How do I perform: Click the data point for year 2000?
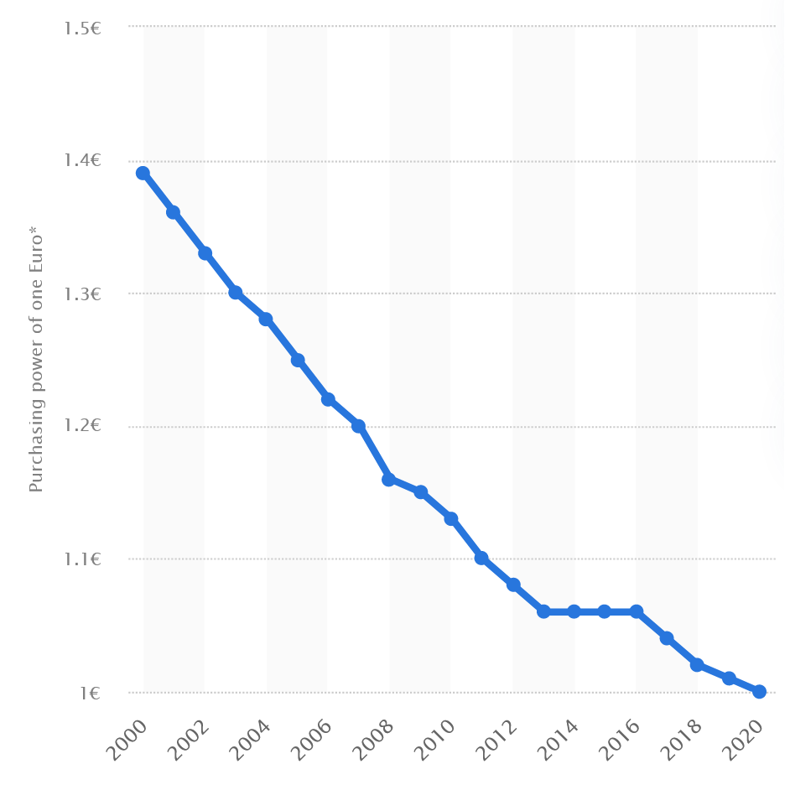pos(143,174)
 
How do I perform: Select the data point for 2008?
pos(389,479)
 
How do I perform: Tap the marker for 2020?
pos(759,691)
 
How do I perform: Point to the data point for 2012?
pos(513,585)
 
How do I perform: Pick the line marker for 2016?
pos(637,611)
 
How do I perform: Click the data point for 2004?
pos(266,320)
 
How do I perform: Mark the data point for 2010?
pos(451,519)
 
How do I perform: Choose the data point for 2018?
pos(697,665)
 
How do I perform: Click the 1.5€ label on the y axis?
pos(82,28)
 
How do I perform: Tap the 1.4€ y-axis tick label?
pos(82,160)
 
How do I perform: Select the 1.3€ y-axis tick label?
pos(82,294)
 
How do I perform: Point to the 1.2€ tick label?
pos(82,426)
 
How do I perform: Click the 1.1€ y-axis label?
pos(82,559)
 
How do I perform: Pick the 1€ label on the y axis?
pos(91,693)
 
